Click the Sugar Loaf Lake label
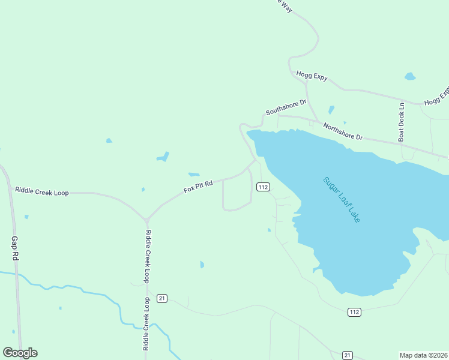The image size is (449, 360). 342,200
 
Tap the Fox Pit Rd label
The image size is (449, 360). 199,187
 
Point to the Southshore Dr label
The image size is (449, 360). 286,107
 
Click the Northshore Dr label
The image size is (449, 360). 343,132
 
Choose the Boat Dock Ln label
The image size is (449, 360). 402,122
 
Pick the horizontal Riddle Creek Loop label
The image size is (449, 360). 42,192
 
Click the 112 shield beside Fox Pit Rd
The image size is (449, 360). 262,187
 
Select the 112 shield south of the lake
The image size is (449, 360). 354,312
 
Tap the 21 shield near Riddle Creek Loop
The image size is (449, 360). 161,298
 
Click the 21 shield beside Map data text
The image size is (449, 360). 347,355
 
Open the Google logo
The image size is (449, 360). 20,353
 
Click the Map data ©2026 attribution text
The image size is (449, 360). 424,355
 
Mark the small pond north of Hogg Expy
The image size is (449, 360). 410,76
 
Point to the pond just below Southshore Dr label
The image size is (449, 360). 331,110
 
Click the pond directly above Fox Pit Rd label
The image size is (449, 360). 194,175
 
